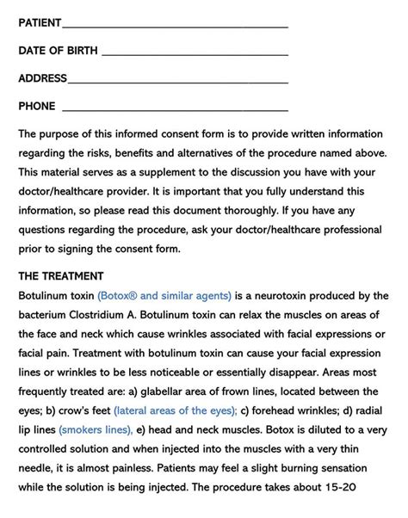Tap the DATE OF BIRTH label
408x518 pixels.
coord(57,51)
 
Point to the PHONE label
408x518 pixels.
coord(37,107)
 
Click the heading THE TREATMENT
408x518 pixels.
coord(60,276)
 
